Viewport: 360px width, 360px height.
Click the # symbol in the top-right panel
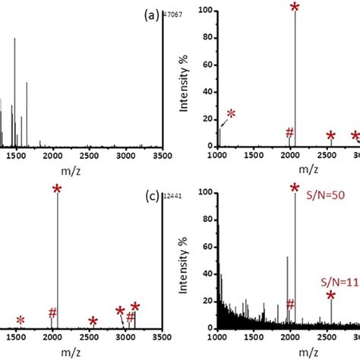click(289, 134)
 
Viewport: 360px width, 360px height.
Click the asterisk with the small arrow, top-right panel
click(231, 114)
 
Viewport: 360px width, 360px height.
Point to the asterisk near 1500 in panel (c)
click(21, 320)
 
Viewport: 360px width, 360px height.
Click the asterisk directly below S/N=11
click(331, 295)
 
